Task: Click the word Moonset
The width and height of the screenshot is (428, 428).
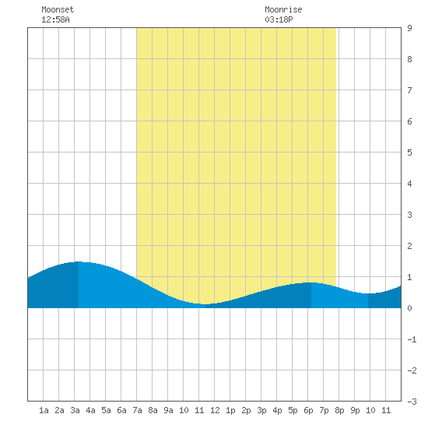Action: pos(58,9)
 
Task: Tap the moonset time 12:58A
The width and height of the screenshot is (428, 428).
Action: pos(55,19)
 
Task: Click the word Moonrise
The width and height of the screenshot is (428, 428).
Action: pos(283,9)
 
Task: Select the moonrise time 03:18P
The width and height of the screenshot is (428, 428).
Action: pos(279,19)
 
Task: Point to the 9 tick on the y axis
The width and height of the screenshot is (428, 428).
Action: pos(409,28)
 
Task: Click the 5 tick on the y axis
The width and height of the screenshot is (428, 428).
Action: pos(409,153)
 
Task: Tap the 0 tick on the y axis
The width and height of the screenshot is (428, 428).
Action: pos(409,308)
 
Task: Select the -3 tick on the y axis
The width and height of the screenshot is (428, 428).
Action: pos(412,402)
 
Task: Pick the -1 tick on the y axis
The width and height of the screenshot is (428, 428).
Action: pos(412,339)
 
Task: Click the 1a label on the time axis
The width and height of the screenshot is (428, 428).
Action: pos(44,410)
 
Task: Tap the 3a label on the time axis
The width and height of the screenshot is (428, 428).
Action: pos(75,410)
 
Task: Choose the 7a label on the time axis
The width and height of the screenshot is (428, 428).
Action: pos(137,410)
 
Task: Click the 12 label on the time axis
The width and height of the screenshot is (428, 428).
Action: pos(215,410)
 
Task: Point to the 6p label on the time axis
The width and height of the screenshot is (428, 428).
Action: pos(308,410)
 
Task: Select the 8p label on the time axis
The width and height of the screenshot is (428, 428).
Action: pos(339,410)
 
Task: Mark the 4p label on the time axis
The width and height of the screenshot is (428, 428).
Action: pos(277,410)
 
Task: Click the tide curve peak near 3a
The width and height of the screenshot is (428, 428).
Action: pos(79,261)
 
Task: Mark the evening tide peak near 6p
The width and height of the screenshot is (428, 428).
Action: pos(311,282)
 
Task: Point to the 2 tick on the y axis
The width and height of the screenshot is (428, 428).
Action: pos(409,246)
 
